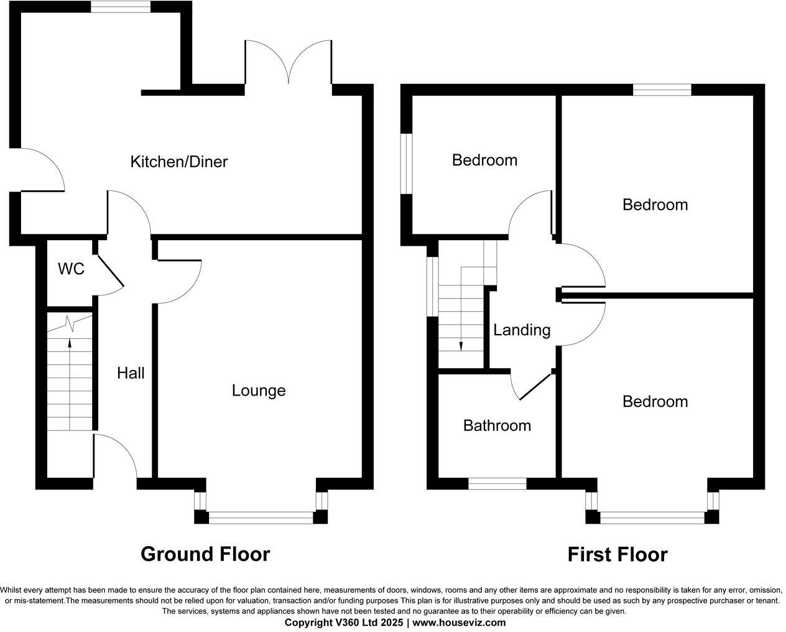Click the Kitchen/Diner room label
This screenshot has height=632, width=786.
point(179,162)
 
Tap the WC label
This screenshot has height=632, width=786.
point(71,269)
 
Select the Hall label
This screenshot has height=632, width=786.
point(131,373)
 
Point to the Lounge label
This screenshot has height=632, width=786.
point(259,391)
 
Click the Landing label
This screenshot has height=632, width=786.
point(522,330)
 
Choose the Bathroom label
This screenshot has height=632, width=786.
point(497,425)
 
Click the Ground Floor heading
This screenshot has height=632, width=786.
point(205,554)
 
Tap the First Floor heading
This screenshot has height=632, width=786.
point(617,554)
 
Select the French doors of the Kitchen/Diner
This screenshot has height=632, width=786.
point(288,62)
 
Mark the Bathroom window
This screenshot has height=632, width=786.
point(497,483)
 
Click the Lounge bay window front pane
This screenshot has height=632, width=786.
point(261,516)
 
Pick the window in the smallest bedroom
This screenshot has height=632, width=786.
point(406,164)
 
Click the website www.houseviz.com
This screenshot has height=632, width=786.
point(459,623)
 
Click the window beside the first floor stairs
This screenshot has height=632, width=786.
point(430,286)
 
